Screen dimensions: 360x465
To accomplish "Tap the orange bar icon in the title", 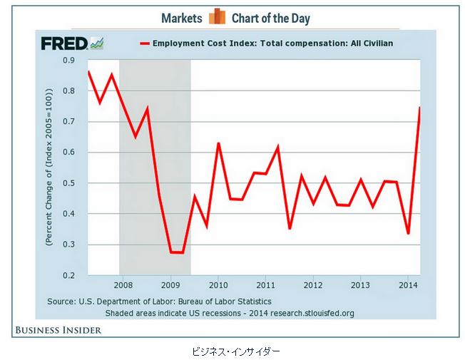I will click(217, 17).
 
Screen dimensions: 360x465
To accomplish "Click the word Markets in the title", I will click(181, 18).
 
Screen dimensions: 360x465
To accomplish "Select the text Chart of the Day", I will click(270, 18).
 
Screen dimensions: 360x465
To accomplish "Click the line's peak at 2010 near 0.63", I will click(218, 144).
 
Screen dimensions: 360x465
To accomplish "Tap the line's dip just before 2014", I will click(408, 233).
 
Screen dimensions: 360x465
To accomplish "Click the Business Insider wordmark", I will click(56, 329).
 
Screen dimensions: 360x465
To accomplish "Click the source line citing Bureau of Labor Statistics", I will click(159, 302).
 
